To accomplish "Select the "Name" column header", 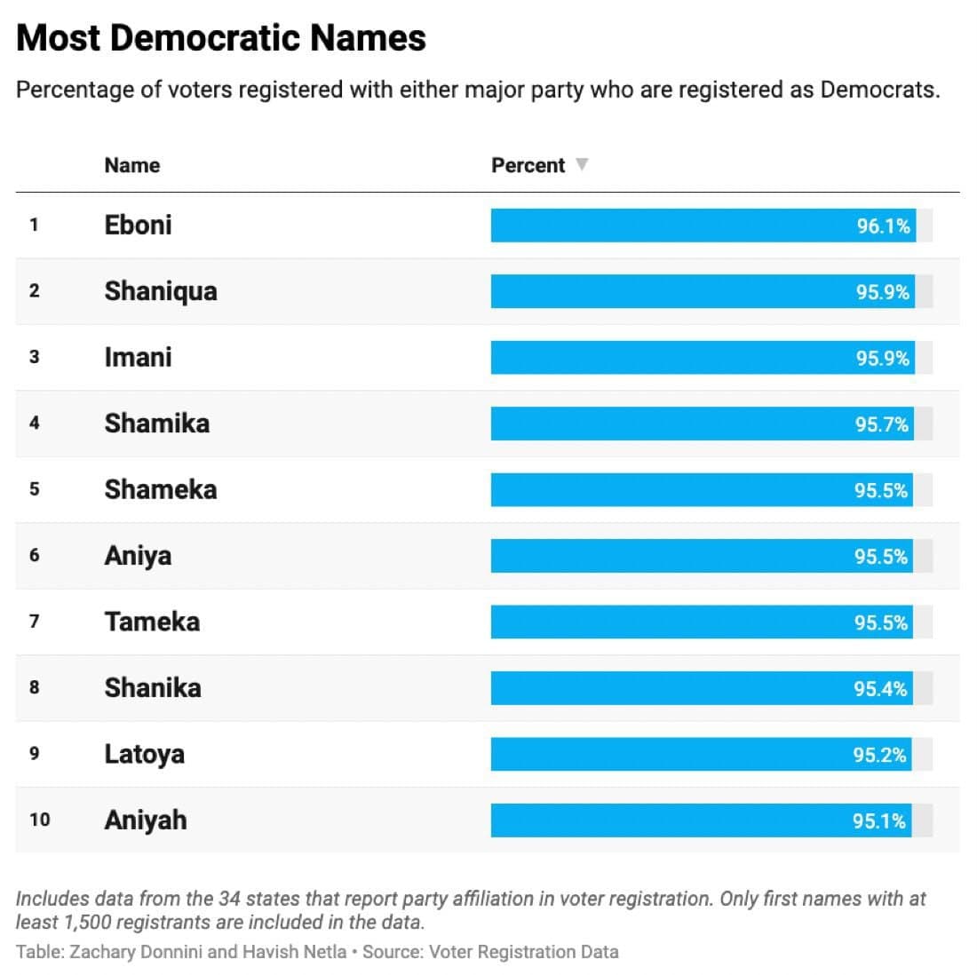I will coord(131,165).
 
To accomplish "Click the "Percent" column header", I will coord(528,165).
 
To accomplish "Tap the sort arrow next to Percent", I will coord(582,164).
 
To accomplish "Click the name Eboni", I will coord(138,225).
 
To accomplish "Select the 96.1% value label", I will coord(883,226).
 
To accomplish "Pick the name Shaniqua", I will coord(160,291).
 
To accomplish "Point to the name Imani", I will coord(138,357).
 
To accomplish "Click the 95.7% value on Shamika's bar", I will coord(882,424).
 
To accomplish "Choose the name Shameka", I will coord(160,489).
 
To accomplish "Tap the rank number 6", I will coord(35,556).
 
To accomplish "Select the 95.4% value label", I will coord(880,689).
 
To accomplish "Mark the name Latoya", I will coord(144,754).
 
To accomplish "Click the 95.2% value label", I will coord(879,755).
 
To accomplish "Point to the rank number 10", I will coord(39,820).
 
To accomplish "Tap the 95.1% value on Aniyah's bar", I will coord(879,821).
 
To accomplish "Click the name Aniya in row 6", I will coord(138,556).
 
